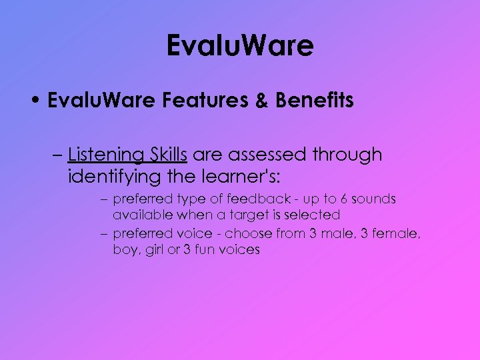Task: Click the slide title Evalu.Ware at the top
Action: pos(240,46)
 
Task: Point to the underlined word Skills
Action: pos(165,155)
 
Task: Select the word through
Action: pos(349,155)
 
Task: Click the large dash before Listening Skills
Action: pos(56,155)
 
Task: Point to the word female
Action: pos(397,234)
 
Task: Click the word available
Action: pos(139,215)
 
